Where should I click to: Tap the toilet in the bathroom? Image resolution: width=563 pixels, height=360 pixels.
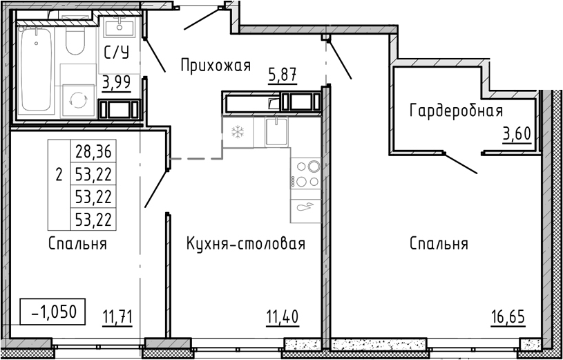coord(75,42)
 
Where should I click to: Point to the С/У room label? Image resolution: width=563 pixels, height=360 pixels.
coord(115,53)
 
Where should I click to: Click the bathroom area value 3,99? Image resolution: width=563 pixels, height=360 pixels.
coord(117,82)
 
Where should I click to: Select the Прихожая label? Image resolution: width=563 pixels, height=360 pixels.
coord(214,66)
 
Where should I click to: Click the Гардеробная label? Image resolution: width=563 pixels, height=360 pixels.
coord(456,111)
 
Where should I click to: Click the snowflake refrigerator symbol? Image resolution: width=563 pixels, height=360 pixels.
coord(237,131)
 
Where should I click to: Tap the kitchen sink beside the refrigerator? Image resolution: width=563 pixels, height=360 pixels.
coord(276,131)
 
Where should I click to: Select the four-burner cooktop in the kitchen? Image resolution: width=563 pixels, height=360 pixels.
coord(306,174)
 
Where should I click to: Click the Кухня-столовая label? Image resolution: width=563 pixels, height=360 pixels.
coord(246,244)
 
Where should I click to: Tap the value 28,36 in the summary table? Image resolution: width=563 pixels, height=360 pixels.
coord(93,151)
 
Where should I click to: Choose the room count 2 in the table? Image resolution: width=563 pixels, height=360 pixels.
coord(59,174)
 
